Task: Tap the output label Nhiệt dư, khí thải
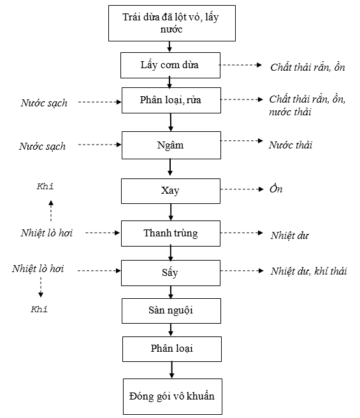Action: point(309,271)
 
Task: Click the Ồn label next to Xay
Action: point(276,189)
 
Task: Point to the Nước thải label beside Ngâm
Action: point(291,145)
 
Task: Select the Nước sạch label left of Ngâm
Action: point(42,147)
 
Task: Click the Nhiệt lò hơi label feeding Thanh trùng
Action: point(47,233)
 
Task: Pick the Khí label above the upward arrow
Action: point(45,186)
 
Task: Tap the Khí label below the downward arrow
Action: point(40,309)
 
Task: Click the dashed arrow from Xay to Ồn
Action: point(242,189)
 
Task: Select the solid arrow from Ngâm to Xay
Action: point(170,167)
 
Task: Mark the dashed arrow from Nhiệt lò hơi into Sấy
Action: point(99,271)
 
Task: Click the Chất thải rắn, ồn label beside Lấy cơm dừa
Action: point(308,68)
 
